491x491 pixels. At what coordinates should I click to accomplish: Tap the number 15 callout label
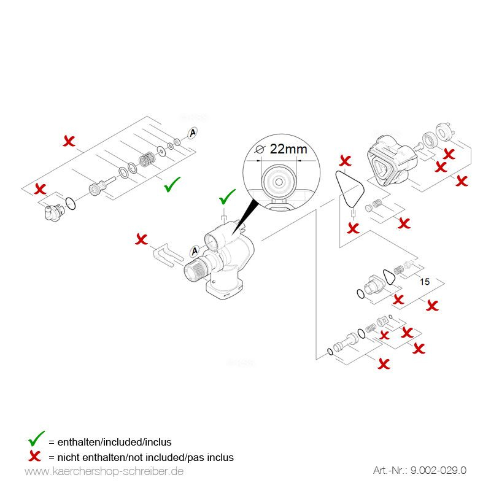423,281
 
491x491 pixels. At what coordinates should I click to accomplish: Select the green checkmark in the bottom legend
36,439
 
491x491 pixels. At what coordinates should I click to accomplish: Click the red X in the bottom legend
36,457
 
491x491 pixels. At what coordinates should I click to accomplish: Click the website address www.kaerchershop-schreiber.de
104,471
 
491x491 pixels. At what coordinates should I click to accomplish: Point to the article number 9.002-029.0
419,471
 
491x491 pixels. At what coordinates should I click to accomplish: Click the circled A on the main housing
195,250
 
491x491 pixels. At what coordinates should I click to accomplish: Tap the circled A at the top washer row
192,132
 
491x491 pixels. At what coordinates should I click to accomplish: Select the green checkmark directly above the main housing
227,198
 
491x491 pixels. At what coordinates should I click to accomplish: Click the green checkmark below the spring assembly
171,185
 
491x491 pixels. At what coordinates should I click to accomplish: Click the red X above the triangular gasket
346,161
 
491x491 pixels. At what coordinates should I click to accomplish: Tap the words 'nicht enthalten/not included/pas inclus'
141,457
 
